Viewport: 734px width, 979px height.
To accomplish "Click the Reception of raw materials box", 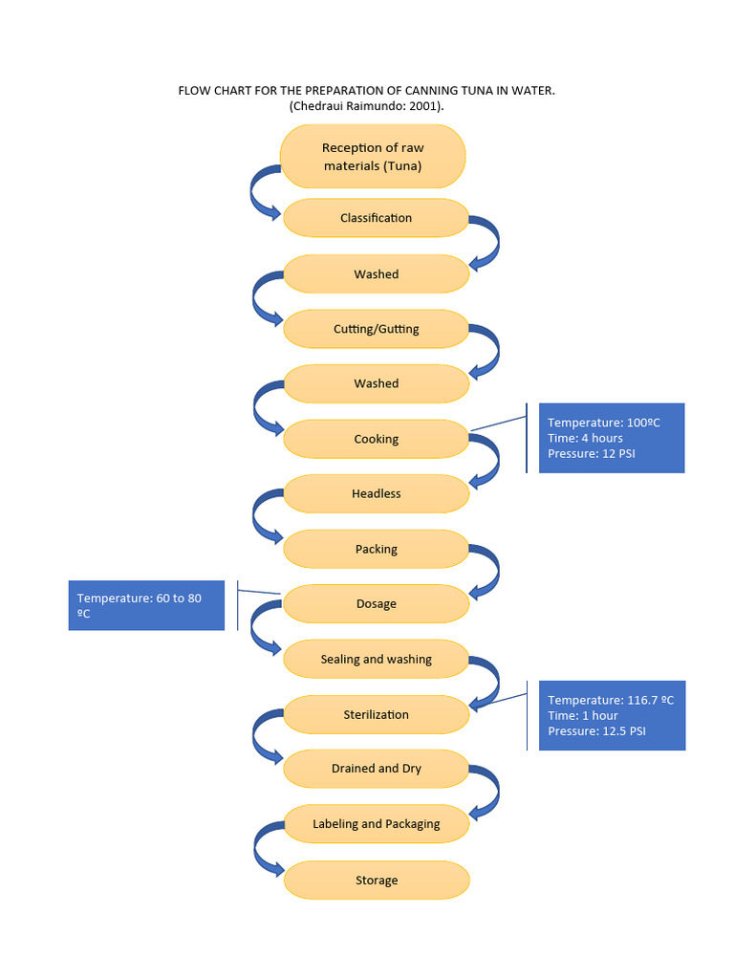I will [373, 156].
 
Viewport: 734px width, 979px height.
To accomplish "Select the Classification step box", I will [376, 218].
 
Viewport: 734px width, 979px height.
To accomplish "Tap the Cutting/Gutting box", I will [376, 329].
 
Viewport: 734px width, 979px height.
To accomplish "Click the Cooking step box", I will [376, 439].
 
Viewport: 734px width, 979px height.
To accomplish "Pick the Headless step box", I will [376, 493].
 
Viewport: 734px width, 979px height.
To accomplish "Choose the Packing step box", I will [376, 549].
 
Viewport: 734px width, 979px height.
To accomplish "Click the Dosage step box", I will [376, 603].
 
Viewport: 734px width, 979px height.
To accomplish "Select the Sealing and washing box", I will [376, 659].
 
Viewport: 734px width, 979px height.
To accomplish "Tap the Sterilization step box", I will [376, 714].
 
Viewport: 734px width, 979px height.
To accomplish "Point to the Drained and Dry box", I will [376, 769].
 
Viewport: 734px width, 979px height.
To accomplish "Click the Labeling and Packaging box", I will [376, 823].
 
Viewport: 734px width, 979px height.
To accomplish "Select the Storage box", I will [376, 881].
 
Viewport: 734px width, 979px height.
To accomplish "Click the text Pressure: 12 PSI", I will [591, 453].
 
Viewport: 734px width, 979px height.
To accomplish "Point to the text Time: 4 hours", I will [585, 438].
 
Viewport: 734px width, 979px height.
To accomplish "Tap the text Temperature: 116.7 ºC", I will [610, 700].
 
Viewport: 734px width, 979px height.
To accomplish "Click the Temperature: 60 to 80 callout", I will [145, 605].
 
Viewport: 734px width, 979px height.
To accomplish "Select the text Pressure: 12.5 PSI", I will [596, 731].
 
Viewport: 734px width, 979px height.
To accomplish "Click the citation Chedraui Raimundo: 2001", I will [367, 106].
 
